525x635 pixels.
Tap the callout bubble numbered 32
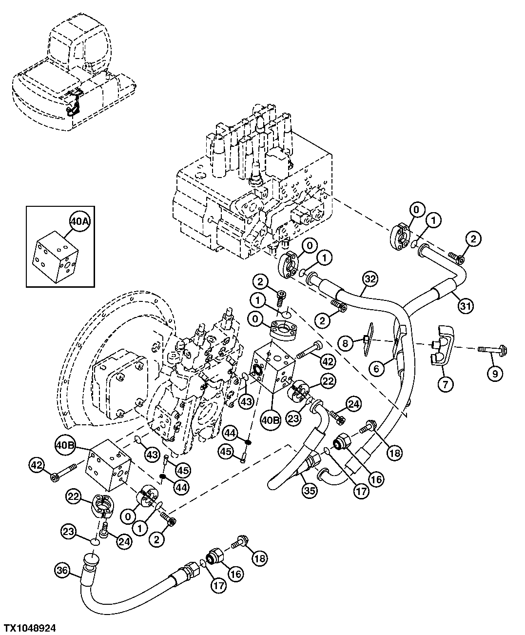pos(370,279)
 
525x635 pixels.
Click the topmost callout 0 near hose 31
pos(416,210)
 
